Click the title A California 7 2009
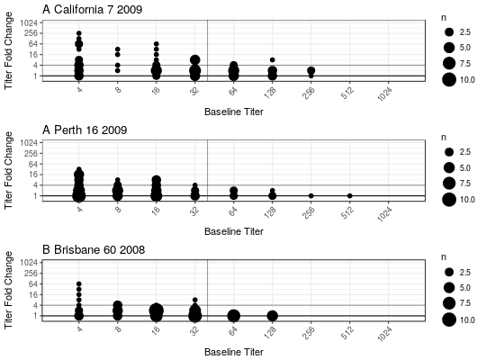93,9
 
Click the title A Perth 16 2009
85,130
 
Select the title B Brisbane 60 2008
94,249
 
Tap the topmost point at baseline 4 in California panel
79,33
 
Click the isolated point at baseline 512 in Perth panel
349,195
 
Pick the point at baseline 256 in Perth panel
310,195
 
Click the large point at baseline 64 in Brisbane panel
234,316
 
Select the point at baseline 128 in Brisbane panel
273,316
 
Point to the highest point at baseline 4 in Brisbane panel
79,283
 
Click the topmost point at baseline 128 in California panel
273,59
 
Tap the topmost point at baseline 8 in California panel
118,49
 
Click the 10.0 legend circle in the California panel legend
449,80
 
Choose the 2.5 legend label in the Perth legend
465,152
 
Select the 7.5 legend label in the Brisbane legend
465,303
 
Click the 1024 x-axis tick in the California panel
384,94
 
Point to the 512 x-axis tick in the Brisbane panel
347,332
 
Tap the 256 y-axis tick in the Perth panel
31,153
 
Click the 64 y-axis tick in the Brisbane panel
33,283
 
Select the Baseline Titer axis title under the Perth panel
234,231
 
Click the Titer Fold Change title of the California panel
8,50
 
